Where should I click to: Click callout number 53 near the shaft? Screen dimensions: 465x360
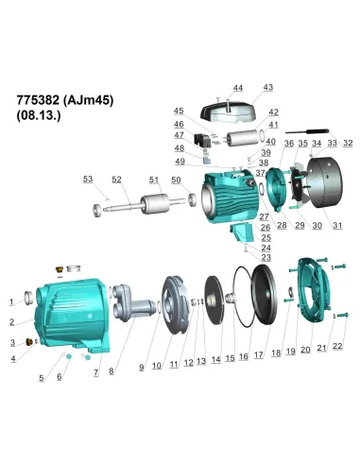(x=88, y=179)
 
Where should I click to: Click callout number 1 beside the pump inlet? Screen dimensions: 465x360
(x=12, y=302)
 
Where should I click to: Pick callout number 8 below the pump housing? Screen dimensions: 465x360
(x=111, y=371)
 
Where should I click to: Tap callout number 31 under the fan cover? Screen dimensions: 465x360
(x=337, y=225)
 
